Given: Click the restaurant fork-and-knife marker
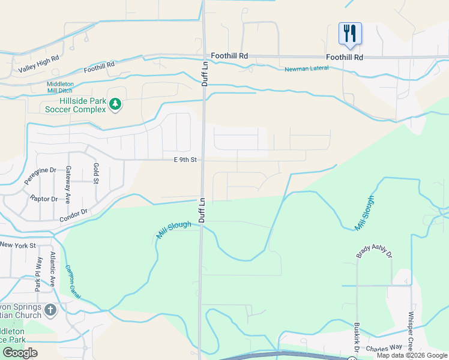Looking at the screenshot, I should tap(349, 34).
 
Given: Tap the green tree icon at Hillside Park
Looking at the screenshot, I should tap(115, 105).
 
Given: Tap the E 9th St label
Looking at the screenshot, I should tap(185, 160).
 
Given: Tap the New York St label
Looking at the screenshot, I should tap(18, 245).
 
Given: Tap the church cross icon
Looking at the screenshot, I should tap(50, 310).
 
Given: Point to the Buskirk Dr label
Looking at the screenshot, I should tap(356, 337).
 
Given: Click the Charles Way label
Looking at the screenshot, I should tap(384, 347).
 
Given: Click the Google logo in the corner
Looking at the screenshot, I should tap(20, 353).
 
